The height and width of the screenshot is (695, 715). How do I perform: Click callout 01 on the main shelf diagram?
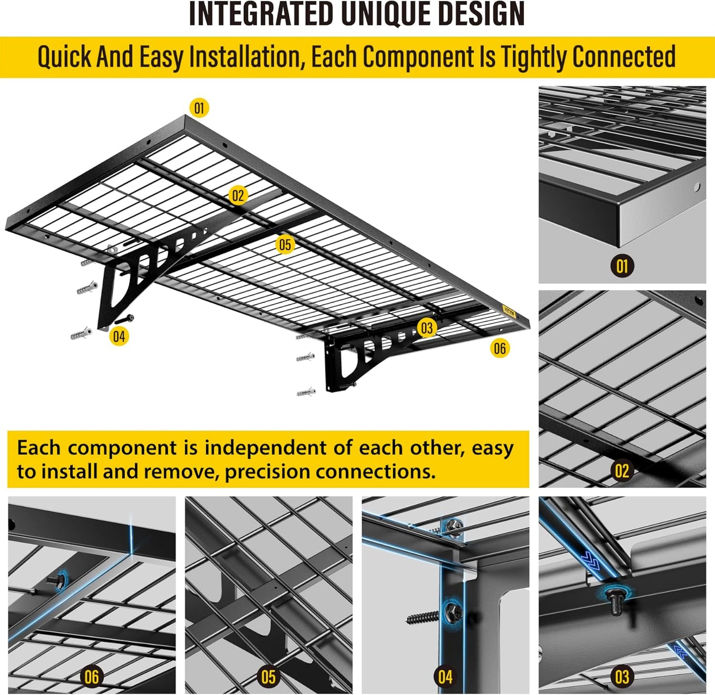pos(199,108)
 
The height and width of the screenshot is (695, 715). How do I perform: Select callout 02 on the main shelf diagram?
pos(238,196)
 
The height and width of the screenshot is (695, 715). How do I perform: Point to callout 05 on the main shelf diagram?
pos(285,244)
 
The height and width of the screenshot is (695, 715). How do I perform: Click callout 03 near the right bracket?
pos(426,327)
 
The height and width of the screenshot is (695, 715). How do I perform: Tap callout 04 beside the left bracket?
pos(119,336)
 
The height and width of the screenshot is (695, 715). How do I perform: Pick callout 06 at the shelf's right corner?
pos(500,348)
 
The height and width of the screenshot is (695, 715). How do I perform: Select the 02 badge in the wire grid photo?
pos(622,470)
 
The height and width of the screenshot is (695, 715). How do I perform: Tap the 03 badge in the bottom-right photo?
pos(622,677)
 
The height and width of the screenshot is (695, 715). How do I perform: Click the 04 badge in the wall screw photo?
pos(445,677)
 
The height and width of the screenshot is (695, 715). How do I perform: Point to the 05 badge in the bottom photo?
pos(268,677)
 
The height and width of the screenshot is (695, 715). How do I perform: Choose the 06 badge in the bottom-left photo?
pos(92,677)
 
